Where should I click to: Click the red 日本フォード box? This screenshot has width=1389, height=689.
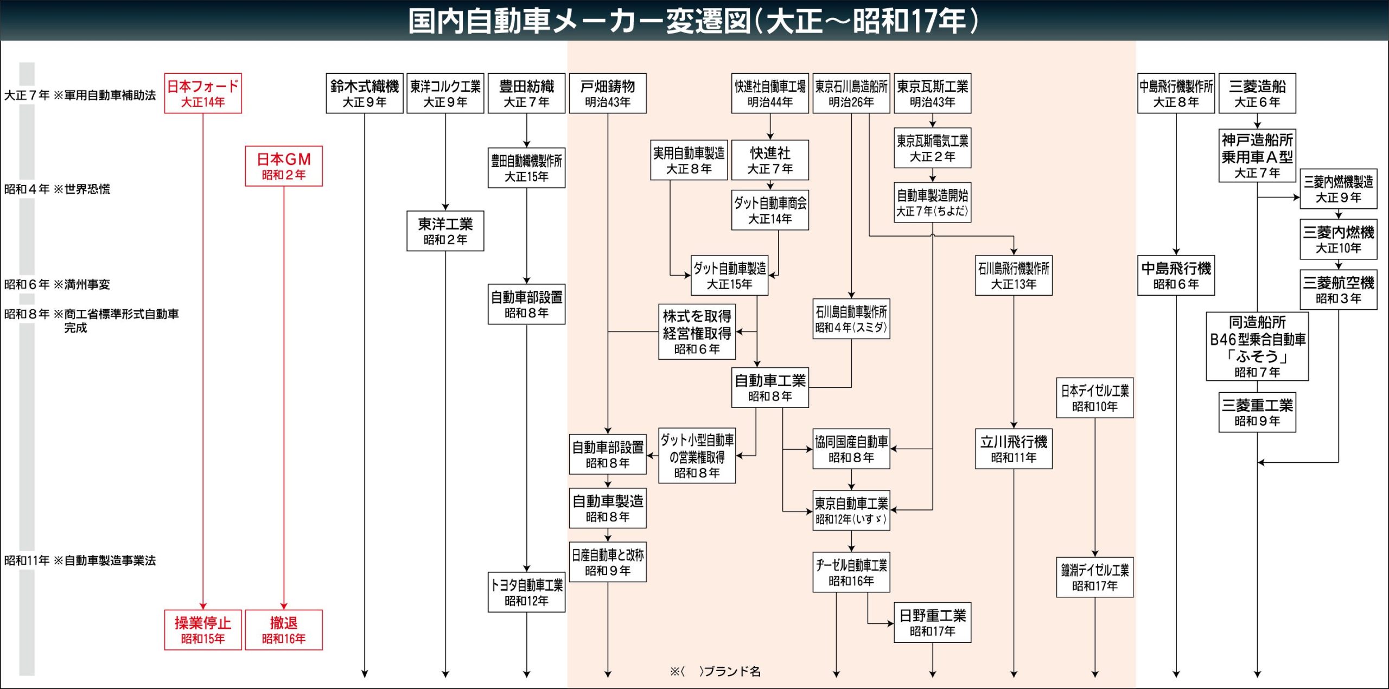pos(202,93)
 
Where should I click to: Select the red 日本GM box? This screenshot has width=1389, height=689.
pos(283,166)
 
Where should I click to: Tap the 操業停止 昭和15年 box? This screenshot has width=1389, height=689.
pos(202,629)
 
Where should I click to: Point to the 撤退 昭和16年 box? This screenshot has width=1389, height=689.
pos(283,629)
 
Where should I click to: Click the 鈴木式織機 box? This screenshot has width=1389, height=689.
pos(364,93)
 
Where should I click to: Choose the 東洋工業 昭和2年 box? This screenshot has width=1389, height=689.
pos(445,231)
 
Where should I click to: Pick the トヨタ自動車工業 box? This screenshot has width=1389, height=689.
pos(526,592)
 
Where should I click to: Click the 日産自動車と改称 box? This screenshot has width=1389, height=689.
pos(607,562)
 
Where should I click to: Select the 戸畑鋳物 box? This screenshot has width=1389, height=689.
pos(607,93)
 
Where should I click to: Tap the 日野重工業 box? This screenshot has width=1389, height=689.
pos(932,622)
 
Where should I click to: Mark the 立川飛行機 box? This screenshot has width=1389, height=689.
pos(1014,449)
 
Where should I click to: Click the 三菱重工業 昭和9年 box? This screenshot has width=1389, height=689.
pos(1257,412)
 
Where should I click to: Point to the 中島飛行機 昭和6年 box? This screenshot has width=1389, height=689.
pos(1176,275)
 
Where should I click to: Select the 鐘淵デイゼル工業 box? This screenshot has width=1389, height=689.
pos(1094,577)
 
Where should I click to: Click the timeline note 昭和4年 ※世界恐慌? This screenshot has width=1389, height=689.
pos(57,189)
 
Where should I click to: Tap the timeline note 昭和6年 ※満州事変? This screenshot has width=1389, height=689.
pos(57,284)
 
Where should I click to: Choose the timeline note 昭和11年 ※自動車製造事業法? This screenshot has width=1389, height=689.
pos(80,560)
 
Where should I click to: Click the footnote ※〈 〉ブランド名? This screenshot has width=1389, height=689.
pos(715,672)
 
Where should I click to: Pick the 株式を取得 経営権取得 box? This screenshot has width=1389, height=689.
pos(697,331)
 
